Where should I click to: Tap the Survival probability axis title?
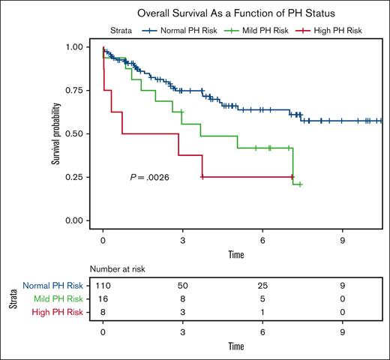[x=55, y=133]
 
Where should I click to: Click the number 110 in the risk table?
[x=103, y=286]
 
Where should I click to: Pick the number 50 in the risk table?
[x=182, y=286]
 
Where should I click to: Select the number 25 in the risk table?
[x=262, y=286]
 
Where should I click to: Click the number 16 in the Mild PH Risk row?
[x=103, y=298]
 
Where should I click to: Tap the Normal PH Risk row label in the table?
[x=52, y=286]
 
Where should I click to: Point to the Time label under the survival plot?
[x=235, y=254]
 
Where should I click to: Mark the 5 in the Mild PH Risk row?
[x=262, y=298]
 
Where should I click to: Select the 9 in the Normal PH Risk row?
[x=342, y=286]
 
